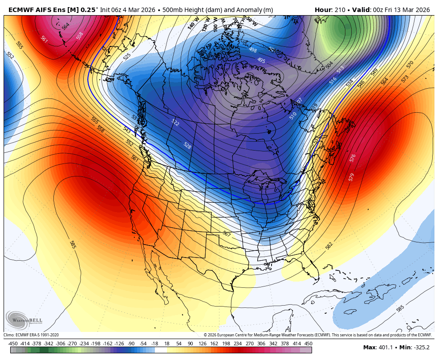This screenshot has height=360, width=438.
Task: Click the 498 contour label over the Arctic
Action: (x=253, y=50)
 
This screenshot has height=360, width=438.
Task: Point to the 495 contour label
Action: (x=261, y=60)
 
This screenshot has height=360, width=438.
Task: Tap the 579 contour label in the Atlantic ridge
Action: (x=351, y=177)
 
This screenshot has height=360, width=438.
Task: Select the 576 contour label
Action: (x=353, y=158)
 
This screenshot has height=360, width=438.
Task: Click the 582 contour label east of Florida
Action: (x=329, y=245)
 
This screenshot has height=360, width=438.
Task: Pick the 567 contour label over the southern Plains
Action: (x=227, y=233)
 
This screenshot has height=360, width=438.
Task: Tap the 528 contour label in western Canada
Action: (x=187, y=145)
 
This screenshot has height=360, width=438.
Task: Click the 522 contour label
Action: (x=175, y=123)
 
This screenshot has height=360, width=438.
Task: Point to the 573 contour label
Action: (x=405, y=79)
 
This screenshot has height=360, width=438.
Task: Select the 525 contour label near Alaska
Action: (x=127, y=57)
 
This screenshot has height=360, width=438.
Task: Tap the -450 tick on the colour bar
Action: (x=13, y=344)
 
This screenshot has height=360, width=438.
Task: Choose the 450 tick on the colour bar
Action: (x=308, y=344)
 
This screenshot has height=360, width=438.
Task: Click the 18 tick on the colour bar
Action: (x=167, y=344)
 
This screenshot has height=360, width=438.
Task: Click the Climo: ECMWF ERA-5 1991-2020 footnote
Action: (x=31, y=335)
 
